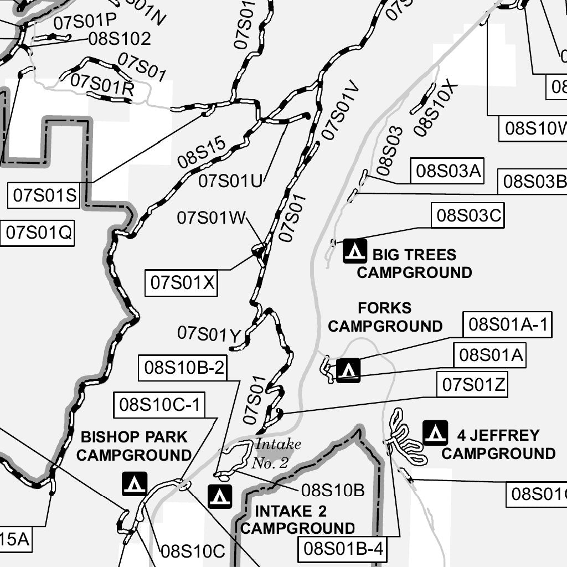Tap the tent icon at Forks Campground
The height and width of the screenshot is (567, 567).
[x=348, y=370]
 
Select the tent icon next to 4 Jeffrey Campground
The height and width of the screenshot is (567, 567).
[x=435, y=432]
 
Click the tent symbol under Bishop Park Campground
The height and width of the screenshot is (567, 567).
[x=135, y=483]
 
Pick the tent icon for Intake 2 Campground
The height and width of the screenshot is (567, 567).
[x=220, y=496]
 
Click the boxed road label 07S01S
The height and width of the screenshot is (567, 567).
[x=44, y=195]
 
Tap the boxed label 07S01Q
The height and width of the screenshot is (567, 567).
[x=39, y=233]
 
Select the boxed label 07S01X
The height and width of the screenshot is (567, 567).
[x=182, y=282]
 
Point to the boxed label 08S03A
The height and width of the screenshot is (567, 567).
[x=447, y=171]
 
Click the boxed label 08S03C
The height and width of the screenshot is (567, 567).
[x=468, y=215]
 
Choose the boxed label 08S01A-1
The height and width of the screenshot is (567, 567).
[x=508, y=324]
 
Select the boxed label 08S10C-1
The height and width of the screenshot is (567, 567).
[x=159, y=405]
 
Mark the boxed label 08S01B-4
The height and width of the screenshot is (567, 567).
[x=344, y=549]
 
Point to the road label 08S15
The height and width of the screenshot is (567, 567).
[x=202, y=152]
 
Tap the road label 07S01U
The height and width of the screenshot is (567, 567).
[x=230, y=181]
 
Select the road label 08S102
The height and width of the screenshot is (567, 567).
[x=120, y=39]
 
